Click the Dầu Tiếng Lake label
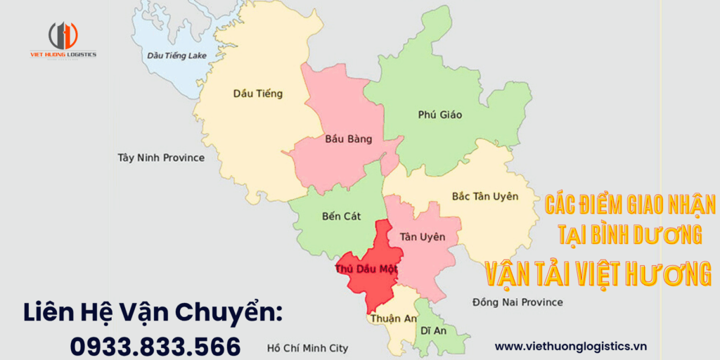click(176, 55)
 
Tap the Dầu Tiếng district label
click(257, 94)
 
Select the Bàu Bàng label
click(348, 139)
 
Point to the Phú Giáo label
click(439, 115)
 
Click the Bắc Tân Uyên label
click(484, 196)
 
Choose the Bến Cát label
click(341, 216)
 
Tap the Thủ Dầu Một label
click(366, 269)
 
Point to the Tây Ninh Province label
click(161, 157)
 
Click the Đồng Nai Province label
click(517, 302)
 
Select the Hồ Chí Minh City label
click(307, 348)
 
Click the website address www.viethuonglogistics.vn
click(570, 346)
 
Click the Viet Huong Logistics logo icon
click(63, 35)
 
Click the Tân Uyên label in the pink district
click(422, 237)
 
